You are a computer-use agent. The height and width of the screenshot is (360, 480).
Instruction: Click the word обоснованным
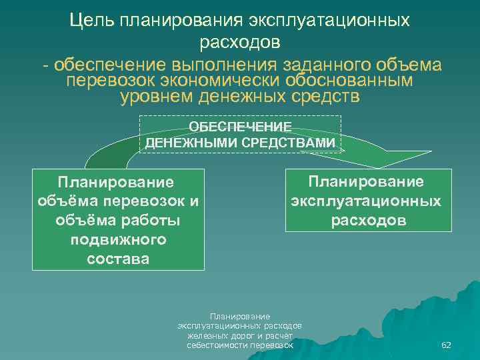(x=357, y=81)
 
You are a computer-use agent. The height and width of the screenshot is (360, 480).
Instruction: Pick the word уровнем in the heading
(x=156, y=97)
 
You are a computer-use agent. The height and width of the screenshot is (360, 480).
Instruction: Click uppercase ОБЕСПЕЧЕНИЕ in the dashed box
(x=240, y=127)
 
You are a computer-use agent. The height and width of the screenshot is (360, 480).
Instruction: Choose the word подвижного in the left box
(x=118, y=239)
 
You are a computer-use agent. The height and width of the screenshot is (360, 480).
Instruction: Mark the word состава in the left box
(x=118, y=258)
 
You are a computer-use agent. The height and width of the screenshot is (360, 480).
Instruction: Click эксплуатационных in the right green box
(x=365, y=201)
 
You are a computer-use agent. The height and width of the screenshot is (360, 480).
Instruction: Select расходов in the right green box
(x=365, y=220)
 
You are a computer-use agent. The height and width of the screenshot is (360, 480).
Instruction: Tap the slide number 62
(x=447, y=345)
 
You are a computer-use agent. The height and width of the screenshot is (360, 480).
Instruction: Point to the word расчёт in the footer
(x=280, y=335)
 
